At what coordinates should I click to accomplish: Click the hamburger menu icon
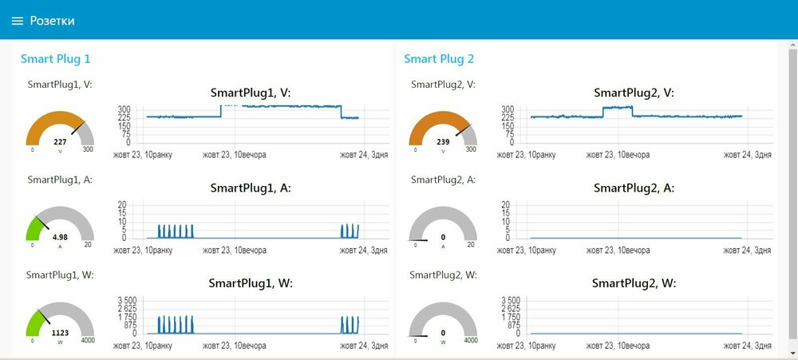(18, 21)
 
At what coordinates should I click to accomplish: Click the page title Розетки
(53, 21)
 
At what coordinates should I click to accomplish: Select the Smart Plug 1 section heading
(56, 58)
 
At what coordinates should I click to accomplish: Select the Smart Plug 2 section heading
(439, 58)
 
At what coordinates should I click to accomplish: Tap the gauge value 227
(60, 141)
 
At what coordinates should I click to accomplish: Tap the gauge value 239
(443, 141)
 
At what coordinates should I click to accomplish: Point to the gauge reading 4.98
(60, 236)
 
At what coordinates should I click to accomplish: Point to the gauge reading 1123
(60, 332)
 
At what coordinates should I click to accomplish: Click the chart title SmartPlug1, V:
(251, 93)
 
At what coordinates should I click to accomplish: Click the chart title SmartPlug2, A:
(634, 188)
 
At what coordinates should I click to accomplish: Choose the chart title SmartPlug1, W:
(251, 283)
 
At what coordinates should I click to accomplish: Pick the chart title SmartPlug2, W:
(634, 283)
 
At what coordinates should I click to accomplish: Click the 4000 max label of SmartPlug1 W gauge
(88, 341)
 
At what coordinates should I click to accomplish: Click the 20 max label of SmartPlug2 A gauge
(471, 245)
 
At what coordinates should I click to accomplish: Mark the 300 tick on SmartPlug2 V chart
(507, 109)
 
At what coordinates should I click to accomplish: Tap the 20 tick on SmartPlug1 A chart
(122, 204)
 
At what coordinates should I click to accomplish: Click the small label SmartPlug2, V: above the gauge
(443, 85)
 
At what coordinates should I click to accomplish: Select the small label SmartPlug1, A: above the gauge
(60, 180)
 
